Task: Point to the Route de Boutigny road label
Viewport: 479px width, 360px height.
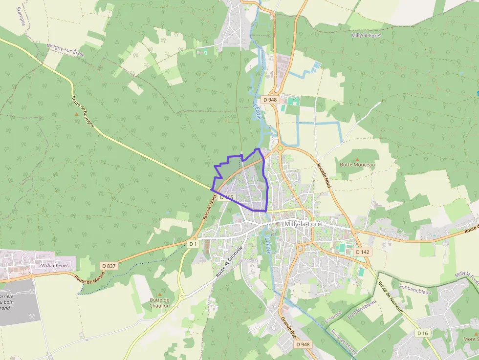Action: coord(84,113)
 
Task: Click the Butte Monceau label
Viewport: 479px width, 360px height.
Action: coord(357,165)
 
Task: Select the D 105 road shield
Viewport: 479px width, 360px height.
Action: coord(227,197)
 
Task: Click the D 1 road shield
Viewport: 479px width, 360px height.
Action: coord(193,243)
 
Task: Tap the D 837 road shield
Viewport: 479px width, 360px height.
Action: coord(109,265)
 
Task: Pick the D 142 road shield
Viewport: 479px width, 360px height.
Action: coord(362,252)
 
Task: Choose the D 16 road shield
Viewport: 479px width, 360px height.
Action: coord(423,333)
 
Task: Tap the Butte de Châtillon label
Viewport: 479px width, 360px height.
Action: coord(160,302)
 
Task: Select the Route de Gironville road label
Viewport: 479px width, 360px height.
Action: coord(229,262)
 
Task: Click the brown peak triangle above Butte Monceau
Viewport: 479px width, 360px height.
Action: coord(357,159)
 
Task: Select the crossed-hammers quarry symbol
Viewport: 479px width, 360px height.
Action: coord(32,291)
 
